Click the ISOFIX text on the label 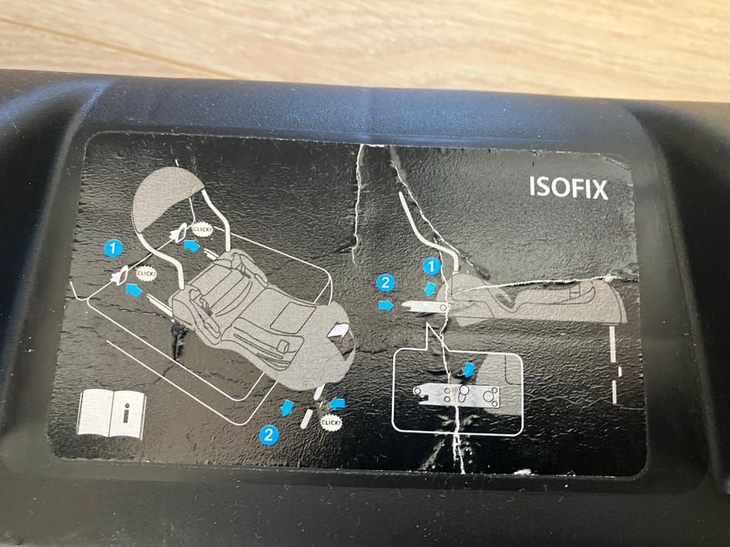click(568, 188)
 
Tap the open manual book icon click(111, 414)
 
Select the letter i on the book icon click(125, 413)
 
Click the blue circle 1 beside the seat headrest click(113, 248)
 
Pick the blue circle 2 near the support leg click(268, 435)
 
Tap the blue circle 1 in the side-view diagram click(432, 267)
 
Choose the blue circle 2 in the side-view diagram click(386, 283)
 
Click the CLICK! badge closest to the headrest click(202, 229)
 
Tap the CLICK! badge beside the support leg click(332, 422)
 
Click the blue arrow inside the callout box click(468, 370)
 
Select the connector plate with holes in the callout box click(457, 396)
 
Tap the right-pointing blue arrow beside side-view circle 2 click(386, 305)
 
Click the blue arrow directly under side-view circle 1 click(430, 288)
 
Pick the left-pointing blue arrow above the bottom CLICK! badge click(338, 403)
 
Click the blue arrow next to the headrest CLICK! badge click(192, 245)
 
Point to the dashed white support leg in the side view click(614, 365)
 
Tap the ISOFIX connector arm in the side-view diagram click(424, 306)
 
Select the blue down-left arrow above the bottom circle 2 click(287, 407)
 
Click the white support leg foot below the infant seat click(306, 419)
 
